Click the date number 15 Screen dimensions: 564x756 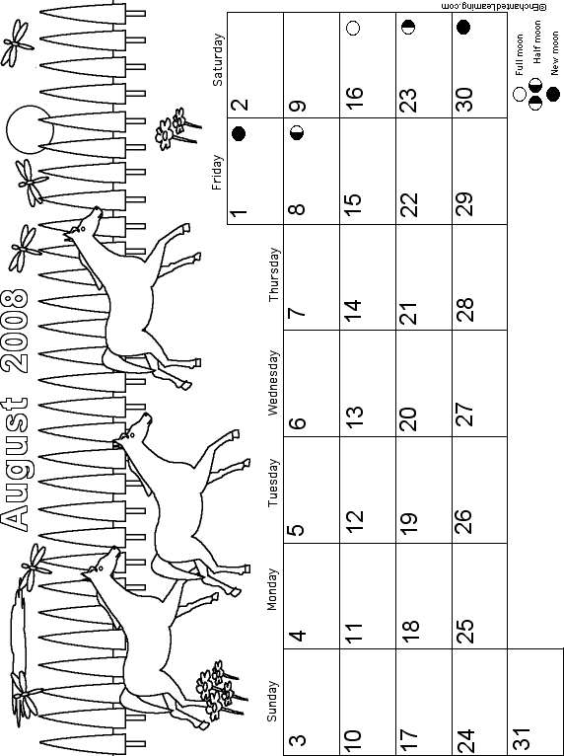coord(353,198)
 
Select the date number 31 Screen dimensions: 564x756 coord(523,736)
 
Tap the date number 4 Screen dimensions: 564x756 coord(298,635)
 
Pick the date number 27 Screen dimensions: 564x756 coord(465,414)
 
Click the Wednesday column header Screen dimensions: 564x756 coord(272,383)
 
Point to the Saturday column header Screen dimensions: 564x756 coord(218,59)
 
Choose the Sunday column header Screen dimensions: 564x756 coord(272,701)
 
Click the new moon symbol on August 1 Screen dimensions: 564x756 coord(239,133)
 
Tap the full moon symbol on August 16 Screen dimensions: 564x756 coord(353,28)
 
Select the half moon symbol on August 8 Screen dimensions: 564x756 coord(297,132)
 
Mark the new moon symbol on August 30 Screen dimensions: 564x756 coord(462,27)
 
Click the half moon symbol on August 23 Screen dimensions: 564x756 coord(408,28)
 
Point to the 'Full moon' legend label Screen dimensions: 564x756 coord(520,54)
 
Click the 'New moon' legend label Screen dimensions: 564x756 coord(555,53)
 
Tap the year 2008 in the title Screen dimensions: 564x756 coord(15,331)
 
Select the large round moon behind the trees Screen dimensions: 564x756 coord(29,129)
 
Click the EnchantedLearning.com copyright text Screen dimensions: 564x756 coord(494,6)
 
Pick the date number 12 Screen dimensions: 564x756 coord(353,520)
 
